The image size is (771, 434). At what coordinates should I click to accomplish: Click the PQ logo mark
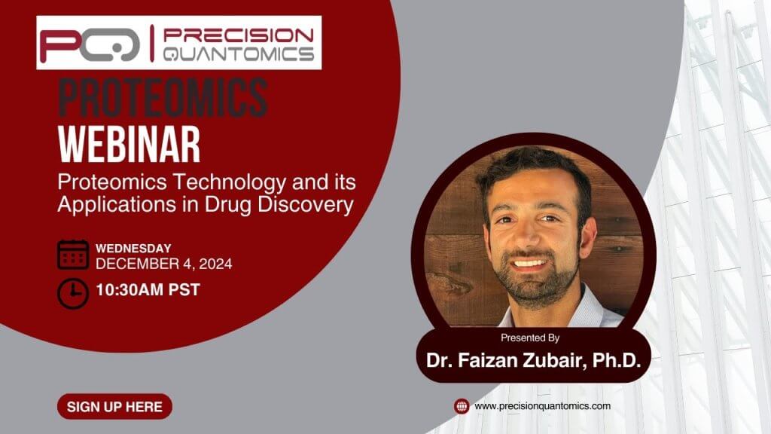[90, 45]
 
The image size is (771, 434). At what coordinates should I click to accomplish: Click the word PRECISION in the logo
[239, 35]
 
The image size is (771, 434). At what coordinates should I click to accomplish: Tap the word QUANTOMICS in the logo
[239, 53]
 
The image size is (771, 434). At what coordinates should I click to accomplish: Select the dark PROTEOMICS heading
[163, 97]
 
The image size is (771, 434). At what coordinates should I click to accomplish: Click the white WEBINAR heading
[130, 144]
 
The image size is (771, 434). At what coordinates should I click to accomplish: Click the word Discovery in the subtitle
[306, 205]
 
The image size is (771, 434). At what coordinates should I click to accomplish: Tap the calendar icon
[73, 255]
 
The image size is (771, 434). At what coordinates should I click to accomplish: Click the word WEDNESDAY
[133, 249]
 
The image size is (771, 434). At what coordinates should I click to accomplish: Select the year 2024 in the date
[216, 264]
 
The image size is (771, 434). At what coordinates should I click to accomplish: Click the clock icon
[73, 293]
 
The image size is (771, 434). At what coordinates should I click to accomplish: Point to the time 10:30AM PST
[148, 290]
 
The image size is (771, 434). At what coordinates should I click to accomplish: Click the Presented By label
[530, 338]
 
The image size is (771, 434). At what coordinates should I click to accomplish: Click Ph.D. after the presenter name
[617, 360]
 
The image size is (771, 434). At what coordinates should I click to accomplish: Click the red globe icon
[462, 406]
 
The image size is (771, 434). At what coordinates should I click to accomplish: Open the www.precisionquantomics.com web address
[542, 406]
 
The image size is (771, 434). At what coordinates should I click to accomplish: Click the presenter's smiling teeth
[529, 263]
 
